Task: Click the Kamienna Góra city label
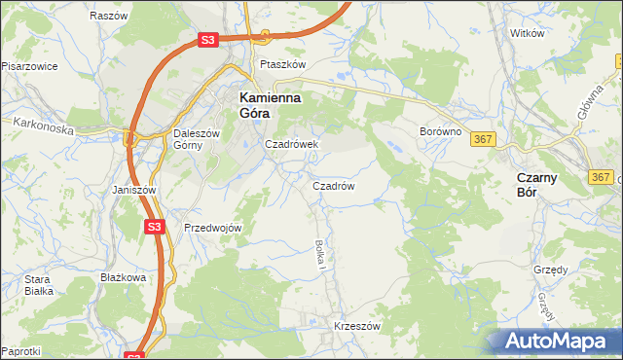click(x=270, y=105)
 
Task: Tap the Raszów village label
click(x=108, y=17)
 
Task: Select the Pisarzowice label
click(x=29, y=66)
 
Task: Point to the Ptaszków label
click(x=282, y=64)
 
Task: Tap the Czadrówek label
click(x=292, y=144)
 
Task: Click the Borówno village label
click(x=438, y=130)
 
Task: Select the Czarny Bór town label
click(x=536, y=185)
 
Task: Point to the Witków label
click(x=527, y=33)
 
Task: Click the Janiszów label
click(x=134, y=190)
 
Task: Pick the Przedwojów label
click(x=212, y=227)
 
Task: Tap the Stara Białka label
click(x=38, y=284)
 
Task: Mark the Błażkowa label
click(x=123, y=277)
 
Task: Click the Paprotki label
click(x=20, y=350)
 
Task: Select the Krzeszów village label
click(x=356, y=326)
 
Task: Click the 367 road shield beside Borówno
click(x=484, y=140)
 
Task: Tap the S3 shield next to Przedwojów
click(x=154, y=227)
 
